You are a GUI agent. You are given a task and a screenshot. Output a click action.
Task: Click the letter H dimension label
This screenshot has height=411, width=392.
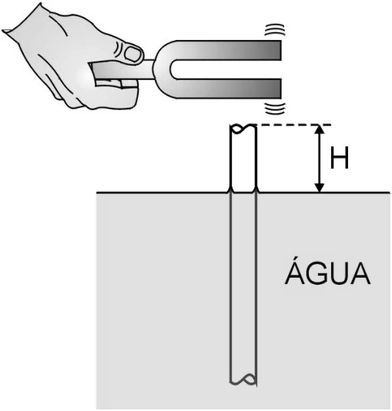340,158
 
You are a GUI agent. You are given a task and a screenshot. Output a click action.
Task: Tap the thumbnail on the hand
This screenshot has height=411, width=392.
132,53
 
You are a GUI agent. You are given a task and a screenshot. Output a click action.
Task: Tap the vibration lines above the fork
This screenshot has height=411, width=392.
274,29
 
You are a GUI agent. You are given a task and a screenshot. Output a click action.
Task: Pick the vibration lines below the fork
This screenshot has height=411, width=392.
274,109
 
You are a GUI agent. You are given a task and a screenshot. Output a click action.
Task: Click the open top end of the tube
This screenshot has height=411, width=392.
243,129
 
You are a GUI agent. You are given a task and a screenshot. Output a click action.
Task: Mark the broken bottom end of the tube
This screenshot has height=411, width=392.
243,379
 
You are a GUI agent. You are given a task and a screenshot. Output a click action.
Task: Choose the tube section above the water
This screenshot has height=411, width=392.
243,159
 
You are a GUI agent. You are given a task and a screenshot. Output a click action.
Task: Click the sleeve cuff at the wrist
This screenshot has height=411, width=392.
10,31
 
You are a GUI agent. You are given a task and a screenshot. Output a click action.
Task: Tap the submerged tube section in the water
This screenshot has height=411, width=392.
243,289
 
